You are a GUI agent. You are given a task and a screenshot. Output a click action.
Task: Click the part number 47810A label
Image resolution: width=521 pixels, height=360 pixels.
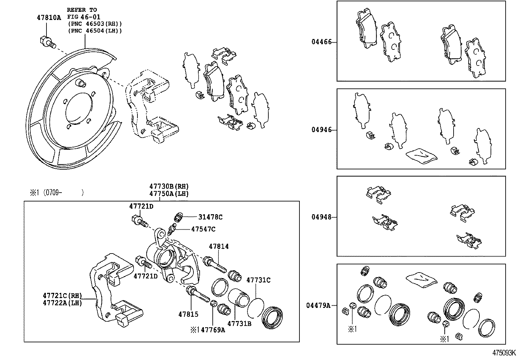(49, 18)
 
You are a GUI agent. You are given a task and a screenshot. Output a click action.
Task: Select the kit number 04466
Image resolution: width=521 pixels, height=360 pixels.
(321, 42)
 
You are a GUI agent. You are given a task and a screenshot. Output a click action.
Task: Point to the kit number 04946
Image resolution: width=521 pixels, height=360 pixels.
(321, 130)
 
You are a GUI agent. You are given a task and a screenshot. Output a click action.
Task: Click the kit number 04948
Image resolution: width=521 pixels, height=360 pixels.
(321, 217)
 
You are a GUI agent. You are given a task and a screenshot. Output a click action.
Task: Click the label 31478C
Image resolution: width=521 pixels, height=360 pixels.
(210, 217)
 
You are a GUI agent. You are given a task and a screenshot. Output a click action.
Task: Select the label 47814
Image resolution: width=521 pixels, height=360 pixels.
(219, 246)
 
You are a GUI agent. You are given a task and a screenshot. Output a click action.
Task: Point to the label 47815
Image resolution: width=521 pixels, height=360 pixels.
(188, 314)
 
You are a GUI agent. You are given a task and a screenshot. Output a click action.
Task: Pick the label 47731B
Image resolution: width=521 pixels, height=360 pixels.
(239, 324)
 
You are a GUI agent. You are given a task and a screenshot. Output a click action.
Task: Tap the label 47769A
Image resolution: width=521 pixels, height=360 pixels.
(213, 330)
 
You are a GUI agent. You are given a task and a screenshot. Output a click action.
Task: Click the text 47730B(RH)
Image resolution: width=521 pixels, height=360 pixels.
(169, 186)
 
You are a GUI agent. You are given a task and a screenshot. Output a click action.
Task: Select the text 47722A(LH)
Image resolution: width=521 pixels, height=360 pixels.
(62, 303)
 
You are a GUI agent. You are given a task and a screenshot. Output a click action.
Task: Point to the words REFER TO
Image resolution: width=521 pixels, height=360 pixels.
(82, 10)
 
